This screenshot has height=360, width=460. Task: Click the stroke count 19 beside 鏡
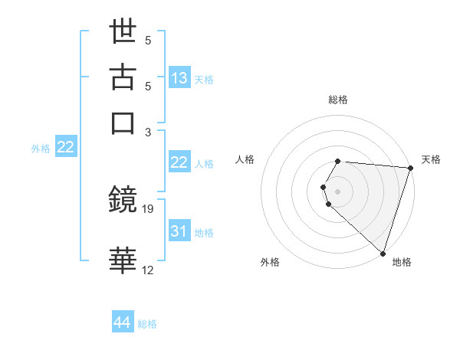[149, 209]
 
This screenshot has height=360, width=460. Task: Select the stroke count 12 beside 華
[148, 270]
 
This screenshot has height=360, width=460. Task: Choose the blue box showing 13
[179, 78]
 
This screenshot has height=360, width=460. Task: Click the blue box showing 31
[179, 231]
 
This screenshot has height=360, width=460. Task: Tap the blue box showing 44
[123, 322]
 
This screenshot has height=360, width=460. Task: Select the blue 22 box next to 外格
[65, 147]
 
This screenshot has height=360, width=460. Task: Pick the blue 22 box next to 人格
[179, 162]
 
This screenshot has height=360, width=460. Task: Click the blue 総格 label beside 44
[147, 324]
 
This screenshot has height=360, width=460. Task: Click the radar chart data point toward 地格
[383, 254]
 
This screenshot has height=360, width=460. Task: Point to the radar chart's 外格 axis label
[270, 262]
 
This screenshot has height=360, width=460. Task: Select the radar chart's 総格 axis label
[338, 100]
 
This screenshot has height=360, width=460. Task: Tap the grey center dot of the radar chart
[338, 191]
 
